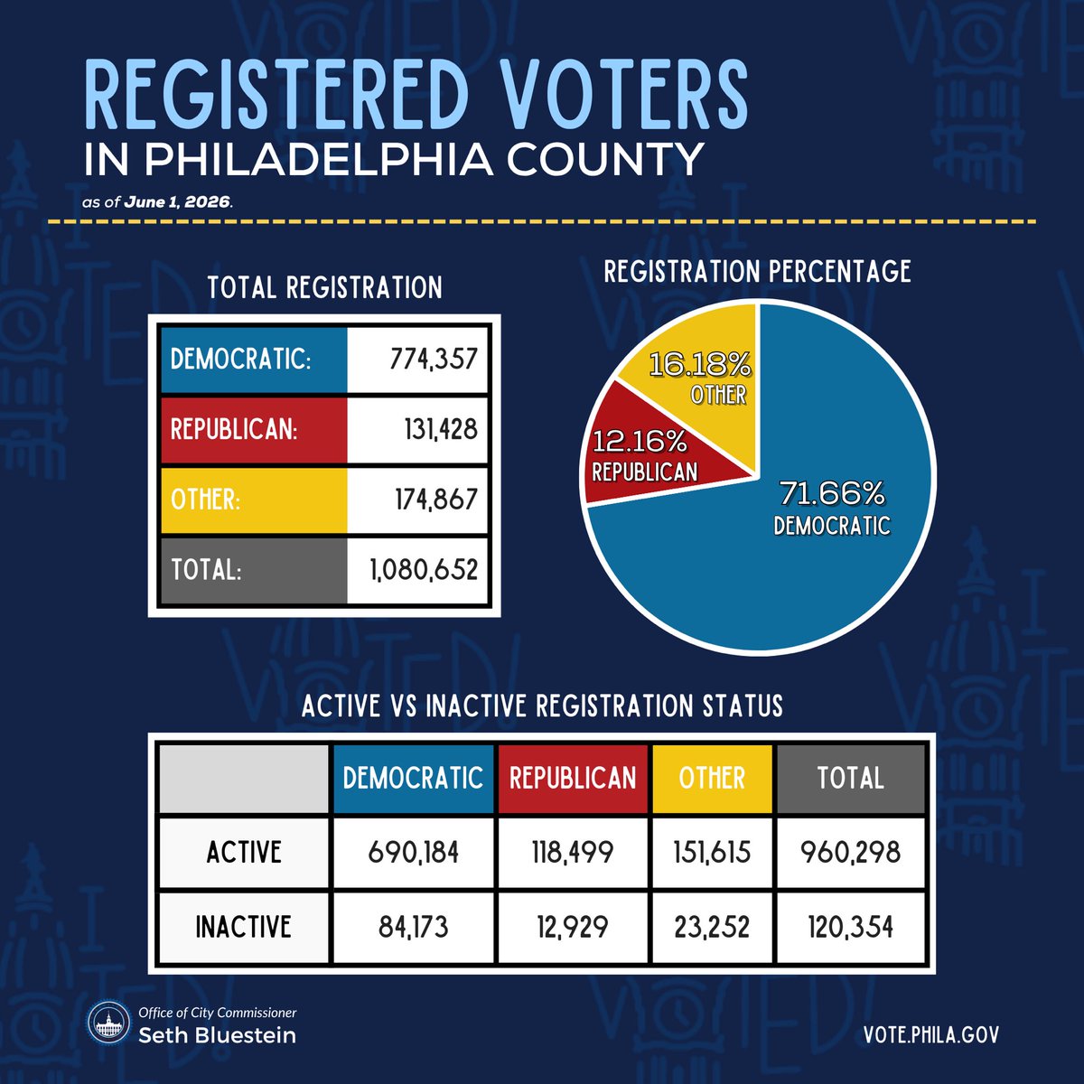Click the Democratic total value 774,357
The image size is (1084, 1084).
(x=434, y=359)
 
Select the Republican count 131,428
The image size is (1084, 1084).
(x=441, y=429)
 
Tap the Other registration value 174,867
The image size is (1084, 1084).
(x=436, y=499)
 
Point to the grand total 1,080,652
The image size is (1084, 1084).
(x=425, y=569)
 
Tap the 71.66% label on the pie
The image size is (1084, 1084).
(x=832, y=493)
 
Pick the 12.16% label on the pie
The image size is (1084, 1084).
(x=640, y=442)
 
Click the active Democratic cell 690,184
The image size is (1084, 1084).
(x=414, y=852)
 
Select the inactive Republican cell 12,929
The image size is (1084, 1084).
(x=573, y=926)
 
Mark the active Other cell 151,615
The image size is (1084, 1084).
(x=712, y=852)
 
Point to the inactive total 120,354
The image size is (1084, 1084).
(x=851, y=926)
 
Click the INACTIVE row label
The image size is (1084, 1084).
(x=244, y=926)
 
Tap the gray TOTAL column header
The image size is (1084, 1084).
(x=851, y=778)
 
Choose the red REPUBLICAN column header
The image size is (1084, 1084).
(x=573, y=778)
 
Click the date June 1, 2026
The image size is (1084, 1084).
(x=177, y=202)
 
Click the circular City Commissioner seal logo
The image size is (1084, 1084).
(x=109, y=1022)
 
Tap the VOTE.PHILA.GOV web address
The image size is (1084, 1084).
(x=931, y=1034)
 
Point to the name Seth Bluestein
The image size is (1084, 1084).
(x=217, y=1035)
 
